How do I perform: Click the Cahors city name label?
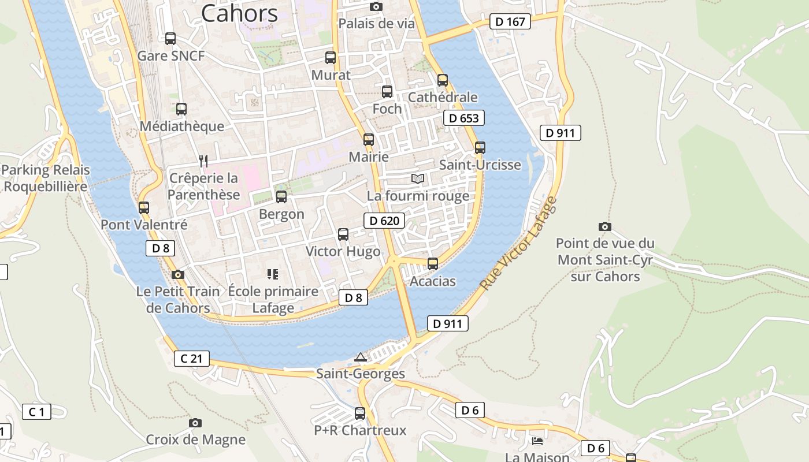(x=239, y=13)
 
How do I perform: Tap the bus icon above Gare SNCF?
(x=170, y=39)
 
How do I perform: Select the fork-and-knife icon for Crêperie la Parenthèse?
(x=203, y=161)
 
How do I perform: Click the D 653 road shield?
(x=463, y=118)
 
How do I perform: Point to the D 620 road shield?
(x=384, y=221)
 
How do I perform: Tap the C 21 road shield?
(x=192, y=359)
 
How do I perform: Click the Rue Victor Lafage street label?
(x=518, y=243)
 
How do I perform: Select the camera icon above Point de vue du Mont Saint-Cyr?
(x=605, y=226)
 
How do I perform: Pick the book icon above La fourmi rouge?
(x=418, y=178)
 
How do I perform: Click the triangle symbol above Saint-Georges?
(x=361, y=357)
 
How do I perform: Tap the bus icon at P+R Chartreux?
(x=360, y=413)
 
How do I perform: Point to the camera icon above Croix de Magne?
(x=195, y=423)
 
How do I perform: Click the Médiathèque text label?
(x=182, y=126)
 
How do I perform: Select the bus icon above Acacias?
(x=433, y=264)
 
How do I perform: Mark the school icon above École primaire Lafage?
(x=273, y=274)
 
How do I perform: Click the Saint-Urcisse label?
(x=480, y=165)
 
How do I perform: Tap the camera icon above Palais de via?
(x=376, y=6)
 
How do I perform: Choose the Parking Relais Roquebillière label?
(x=46, y=178)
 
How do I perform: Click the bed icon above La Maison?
(x=537, y=441)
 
